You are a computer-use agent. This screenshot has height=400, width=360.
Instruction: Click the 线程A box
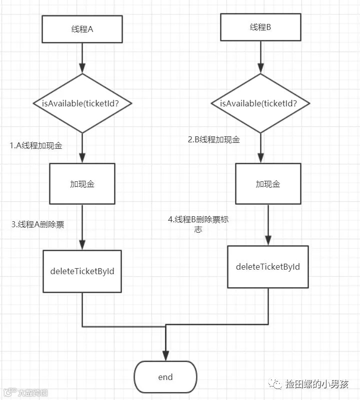point(82,29)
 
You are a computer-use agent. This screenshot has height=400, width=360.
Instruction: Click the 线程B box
point(260,27)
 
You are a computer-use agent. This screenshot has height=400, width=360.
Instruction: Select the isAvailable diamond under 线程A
point(82,103)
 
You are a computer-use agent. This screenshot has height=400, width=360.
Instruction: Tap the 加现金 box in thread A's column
point(82,184)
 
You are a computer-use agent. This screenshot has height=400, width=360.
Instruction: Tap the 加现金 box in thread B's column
point(268,184)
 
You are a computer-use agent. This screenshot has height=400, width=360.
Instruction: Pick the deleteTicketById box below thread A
point(82,271)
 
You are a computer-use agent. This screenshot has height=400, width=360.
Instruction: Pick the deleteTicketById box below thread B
point(268,267)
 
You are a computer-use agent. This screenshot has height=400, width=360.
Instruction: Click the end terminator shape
point(165,377)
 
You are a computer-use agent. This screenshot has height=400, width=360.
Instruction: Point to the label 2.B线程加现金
point(214,140)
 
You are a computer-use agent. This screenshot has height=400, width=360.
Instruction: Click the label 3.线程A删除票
point(38,225)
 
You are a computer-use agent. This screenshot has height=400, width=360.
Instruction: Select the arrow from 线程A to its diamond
point(82,58)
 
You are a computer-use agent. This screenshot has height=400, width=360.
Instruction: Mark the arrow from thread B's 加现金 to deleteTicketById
point(268,225)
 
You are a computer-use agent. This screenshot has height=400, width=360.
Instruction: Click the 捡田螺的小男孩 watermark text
point(316,384)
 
